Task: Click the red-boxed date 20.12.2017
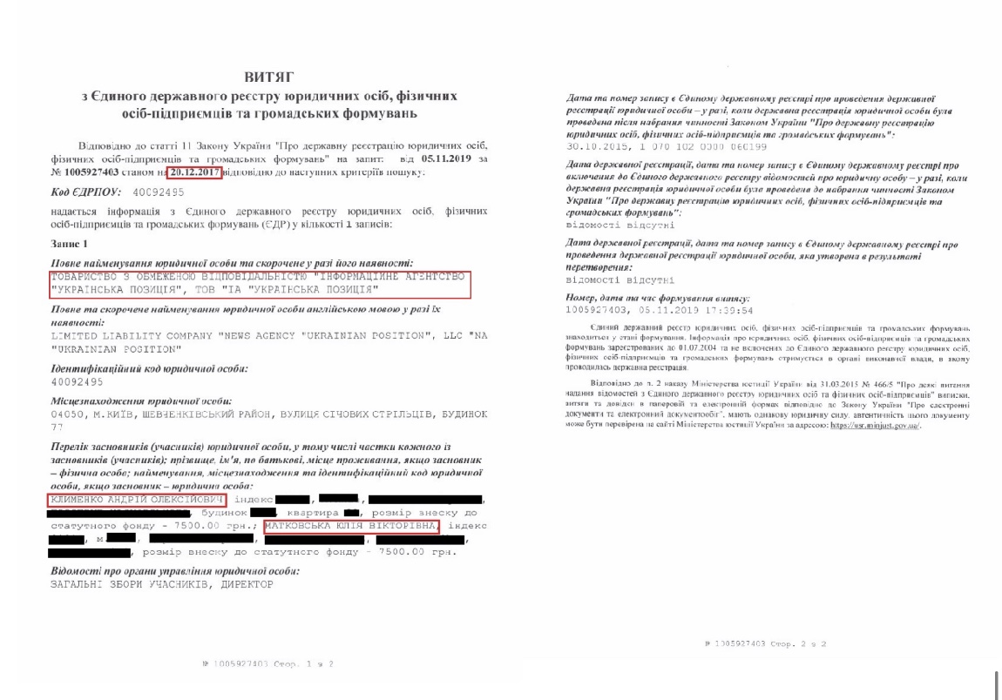click(x=192, y=171)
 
